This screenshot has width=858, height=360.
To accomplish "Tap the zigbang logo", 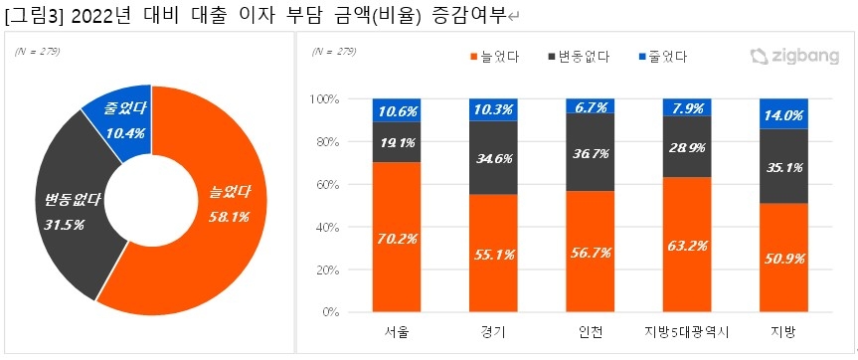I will pos(791,58).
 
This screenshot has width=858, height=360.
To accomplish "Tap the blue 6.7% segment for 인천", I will pos(590,105).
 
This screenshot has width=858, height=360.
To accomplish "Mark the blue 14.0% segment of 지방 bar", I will pos(782,113).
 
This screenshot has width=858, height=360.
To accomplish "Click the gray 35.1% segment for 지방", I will pos(782,166).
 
